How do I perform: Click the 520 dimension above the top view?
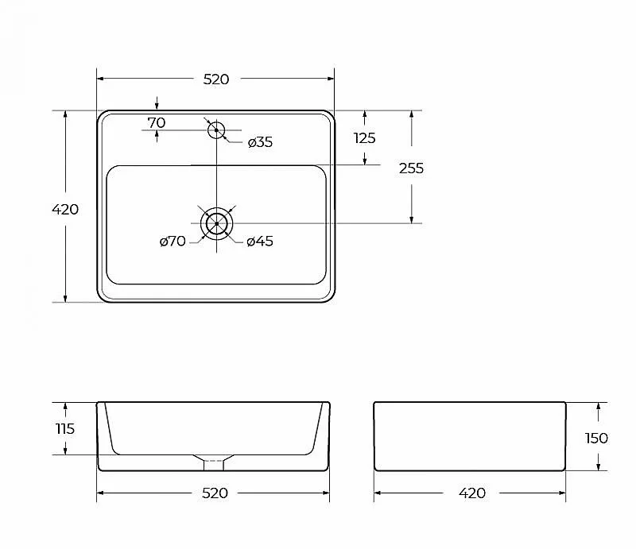[x=215, y=79]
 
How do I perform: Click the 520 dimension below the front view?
[x=215, y=493]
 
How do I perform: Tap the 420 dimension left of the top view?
[x=65, y=209]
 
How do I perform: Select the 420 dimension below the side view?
[x=472, y=493]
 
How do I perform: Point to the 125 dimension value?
[x=365, y=138]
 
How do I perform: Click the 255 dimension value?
[x=411, y=168]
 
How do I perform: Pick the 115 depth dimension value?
[x=65, y=428]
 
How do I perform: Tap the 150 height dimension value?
[x=596, y=439]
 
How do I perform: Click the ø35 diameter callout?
[x=260, y=142]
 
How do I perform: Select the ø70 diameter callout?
[x=173, y=242]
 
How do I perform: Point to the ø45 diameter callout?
[x=260, y=242]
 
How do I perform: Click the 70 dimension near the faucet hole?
[x=156, y=122]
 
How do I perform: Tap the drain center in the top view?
[x=216, y=223]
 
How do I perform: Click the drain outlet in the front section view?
[x=213, y=465]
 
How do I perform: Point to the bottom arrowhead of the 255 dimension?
[x=411, y=219]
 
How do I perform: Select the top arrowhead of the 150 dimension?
[x=599, y=407]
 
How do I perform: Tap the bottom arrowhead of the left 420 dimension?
[x=65, y=298]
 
